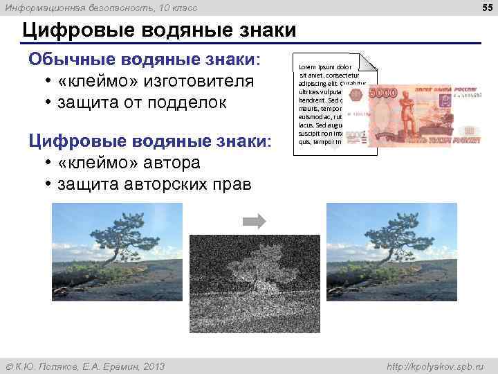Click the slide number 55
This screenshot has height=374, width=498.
(485, 7)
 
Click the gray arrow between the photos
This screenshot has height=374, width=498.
(254, 222)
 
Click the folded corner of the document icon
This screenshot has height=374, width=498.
(369, 62)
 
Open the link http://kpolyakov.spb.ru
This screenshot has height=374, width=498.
(436, 366)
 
